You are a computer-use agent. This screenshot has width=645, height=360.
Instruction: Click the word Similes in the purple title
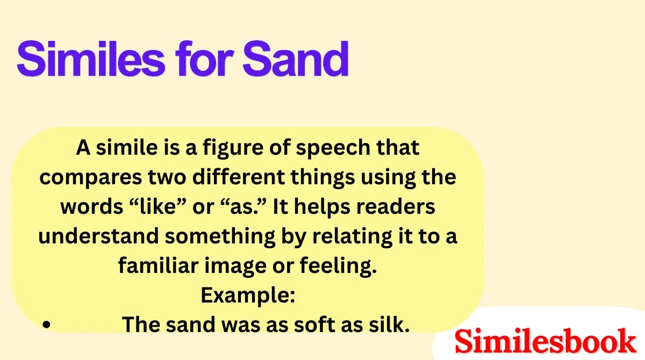[91, 59]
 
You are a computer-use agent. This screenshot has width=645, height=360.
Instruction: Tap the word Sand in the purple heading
[295, 59]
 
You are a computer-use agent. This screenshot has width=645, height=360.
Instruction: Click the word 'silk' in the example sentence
[384, 325]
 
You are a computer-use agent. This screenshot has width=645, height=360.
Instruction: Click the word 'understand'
[94, 236]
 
